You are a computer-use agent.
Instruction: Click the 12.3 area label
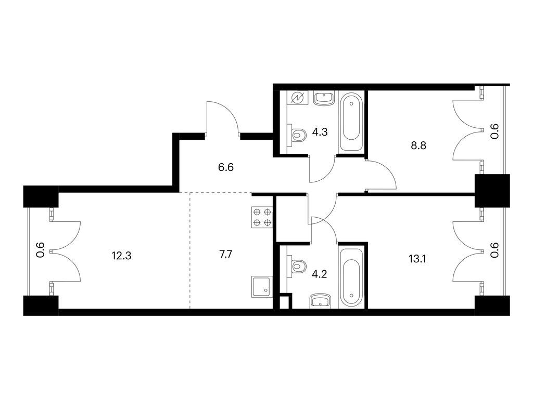[121, 256]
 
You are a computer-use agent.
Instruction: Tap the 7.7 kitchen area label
[226, 254]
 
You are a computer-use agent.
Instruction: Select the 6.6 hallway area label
[226, 167]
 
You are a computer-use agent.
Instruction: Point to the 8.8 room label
[418, 145]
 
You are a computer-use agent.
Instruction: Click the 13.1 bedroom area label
[417, 259]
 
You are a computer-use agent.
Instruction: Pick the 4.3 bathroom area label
[320, 132]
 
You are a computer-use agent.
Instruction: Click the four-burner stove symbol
[262, 217]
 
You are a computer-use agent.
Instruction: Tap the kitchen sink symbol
[262, 287]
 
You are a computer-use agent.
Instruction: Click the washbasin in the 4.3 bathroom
[323, 99]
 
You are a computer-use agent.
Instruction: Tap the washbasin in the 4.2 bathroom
[321, 301]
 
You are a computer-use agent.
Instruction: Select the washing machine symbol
[298, 98]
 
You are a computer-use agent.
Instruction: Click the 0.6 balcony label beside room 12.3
[40, 250]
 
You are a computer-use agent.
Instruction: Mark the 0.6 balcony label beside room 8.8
[494, 131]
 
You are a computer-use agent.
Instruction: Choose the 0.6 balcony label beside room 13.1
[494, 250]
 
